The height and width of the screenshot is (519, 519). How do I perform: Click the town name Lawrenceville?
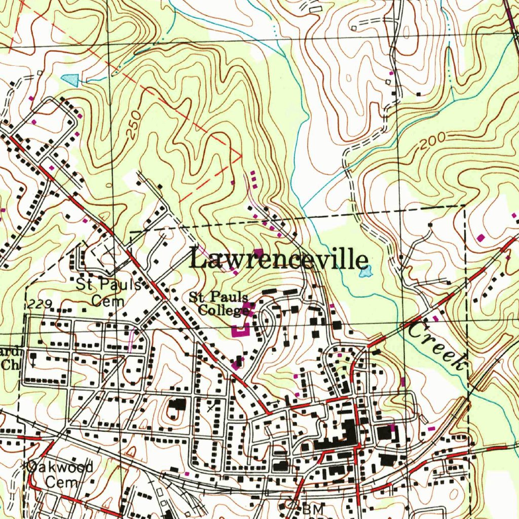[x=278, y=259]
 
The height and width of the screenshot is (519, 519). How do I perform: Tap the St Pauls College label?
[x=219, y=303]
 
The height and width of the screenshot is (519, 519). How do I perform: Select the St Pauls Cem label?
[x=108, y=292]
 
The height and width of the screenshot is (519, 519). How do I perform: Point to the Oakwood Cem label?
[x=60, y=473]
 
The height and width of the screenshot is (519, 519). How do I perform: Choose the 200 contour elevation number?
[x=432, y=141]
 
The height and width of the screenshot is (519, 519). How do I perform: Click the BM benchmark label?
[x=310, y=509]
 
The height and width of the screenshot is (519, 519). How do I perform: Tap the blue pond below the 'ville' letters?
[x=365, y=273]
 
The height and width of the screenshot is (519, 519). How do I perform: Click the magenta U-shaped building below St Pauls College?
[x=241, y=330]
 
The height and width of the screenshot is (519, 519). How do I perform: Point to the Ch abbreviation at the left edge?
[x=9, y=364]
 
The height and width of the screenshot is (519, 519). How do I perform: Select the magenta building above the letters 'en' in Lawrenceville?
[x=258, y=253]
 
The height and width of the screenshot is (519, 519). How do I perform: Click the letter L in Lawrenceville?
[x=198, y=259]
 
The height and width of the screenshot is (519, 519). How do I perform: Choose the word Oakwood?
[x=60, y=467]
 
